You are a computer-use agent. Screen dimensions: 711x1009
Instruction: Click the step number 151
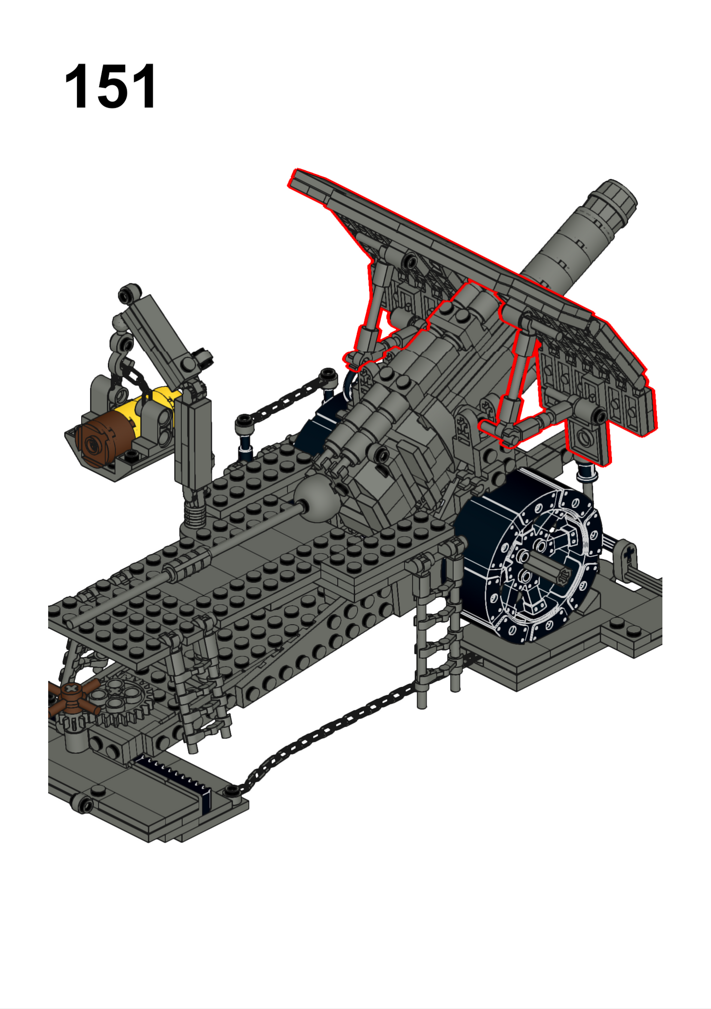pyautogui.click(x=110, y=87)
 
